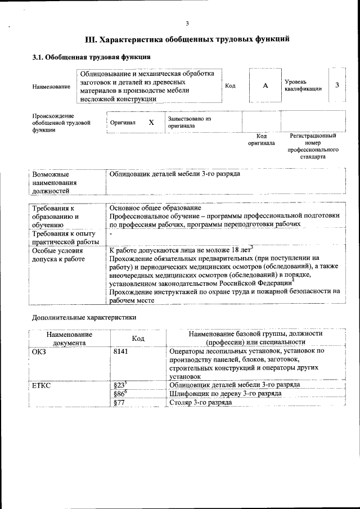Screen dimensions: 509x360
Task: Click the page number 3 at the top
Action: (187, 23)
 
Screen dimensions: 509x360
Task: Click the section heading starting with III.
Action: (187, 40)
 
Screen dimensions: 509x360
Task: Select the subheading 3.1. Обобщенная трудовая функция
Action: (91, 57)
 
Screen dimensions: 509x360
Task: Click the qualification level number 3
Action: (337, 85)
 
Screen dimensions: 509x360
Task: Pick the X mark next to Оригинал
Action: (151, 122)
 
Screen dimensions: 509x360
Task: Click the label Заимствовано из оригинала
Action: (188, 123)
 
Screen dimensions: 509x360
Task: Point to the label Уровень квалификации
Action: (303, 85)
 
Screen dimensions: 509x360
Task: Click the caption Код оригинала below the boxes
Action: (261, 139)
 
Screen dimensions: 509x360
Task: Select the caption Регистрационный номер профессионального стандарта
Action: (313, 146)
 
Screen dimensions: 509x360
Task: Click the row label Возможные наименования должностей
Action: (55, 182)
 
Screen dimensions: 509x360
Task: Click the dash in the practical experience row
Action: (111, 233)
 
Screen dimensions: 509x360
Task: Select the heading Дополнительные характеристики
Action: (84, 317)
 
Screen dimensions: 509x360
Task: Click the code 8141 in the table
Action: (122, 350)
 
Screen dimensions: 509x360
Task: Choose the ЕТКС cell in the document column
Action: (42, 385)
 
